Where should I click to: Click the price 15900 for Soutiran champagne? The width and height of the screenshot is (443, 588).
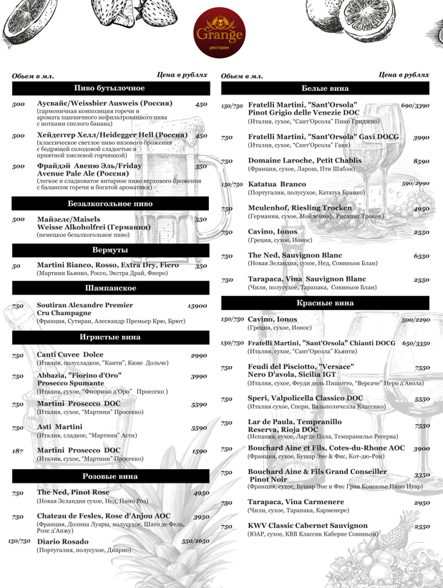(x=197, y=306)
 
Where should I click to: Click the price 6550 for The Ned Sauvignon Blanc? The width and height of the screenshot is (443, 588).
(x=421, y=256)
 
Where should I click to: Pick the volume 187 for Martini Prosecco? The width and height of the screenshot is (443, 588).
(x=18, y=451)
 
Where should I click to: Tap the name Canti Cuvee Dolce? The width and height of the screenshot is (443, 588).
(x=69, y=355)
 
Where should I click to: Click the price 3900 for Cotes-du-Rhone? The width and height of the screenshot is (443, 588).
(x=421, y=448)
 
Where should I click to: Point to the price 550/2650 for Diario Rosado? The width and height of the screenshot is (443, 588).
(x=195, y=541)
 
